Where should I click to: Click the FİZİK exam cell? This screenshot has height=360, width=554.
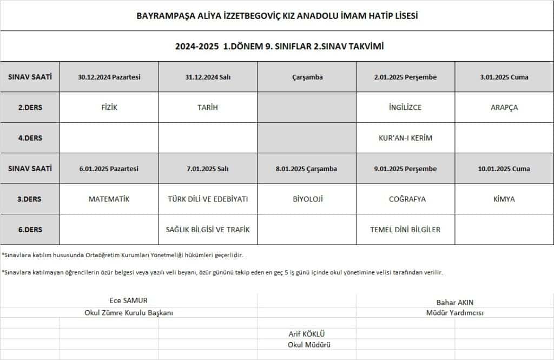pyautogui.click(x=109, y=107)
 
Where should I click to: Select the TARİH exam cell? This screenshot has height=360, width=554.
pyautogui.click(x=208, y=107)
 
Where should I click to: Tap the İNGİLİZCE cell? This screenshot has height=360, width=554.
pyautogui.click(x=405, y=107)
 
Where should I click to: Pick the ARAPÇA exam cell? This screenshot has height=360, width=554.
pyautogui.click(x=504, y=107)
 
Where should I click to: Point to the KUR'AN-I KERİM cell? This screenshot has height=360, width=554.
pyautogui.click(x=405, y=138)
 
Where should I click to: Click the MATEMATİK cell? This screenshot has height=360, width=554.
pyautogui.click(x=109, y=199)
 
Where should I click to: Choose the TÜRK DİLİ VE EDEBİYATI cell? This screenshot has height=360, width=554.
pyautogui.click(x=208, y=199)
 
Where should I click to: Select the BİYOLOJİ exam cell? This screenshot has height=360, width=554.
pyautogui.click(x=306, y=199)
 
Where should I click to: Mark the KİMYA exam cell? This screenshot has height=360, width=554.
pyautogui.click(x=504, y=199)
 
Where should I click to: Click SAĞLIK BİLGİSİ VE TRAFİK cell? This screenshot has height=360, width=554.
pyautogui.click(x=208, y=230)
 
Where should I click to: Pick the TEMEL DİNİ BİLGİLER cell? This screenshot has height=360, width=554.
pyautogui.click(x=405, y=230)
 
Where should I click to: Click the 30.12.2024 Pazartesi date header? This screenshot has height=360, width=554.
pyautogui.click(x=109, y=77)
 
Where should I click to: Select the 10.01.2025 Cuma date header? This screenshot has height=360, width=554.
pyautogui.click(x=504, y=169)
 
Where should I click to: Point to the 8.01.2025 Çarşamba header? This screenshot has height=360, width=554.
pyautogui.click(x=306, y=169)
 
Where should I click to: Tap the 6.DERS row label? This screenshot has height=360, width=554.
pyautogui.click(x=30, y=230)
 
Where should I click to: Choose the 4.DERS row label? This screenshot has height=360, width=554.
pyautogui.click(x=30, y=138)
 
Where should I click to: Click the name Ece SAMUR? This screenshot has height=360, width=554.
pyautogui.click(x=128, y=301)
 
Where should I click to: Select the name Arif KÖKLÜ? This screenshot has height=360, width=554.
pyautogui.click(x=307, y=334)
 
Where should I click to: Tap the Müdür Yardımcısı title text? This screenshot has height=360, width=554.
pyautogui.click(x=454, y=313)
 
